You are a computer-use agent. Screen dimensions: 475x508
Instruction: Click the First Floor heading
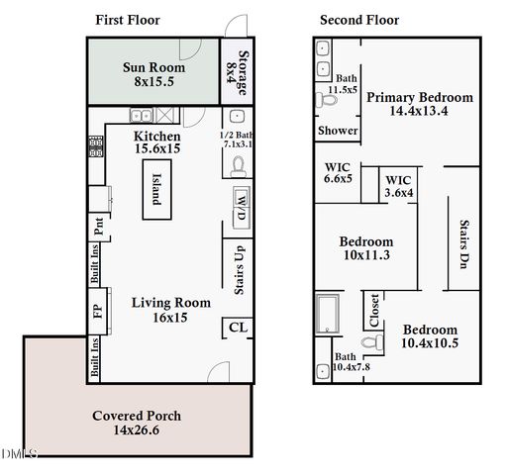(127, 20)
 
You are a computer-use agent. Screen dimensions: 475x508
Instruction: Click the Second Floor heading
(359, 20)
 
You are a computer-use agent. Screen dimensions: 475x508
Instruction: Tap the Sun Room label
(153, 74)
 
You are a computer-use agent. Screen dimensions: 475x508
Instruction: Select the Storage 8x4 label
(237, 71)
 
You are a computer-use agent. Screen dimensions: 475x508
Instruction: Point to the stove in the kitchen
(96, 147)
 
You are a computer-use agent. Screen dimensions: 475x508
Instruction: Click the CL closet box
(238, 328)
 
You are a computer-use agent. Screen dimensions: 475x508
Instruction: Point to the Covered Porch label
(137, 423)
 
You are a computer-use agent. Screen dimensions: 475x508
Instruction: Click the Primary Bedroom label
(420, 105)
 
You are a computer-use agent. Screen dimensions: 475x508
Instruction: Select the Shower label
(337, 131)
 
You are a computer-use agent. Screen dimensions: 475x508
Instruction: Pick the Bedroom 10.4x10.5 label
(430, 336)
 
